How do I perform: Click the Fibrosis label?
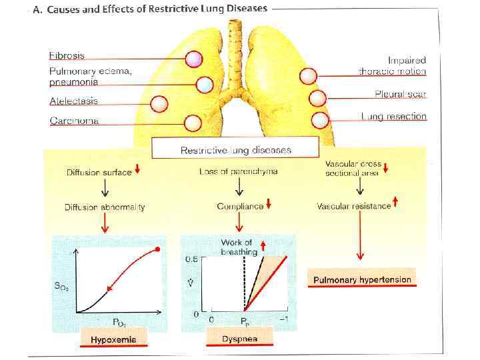point(66,55)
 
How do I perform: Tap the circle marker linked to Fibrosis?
point(193,60)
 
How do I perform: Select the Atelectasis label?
point(73,101)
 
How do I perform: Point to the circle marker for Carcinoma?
point(193,123)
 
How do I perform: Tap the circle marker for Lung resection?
point(320,120)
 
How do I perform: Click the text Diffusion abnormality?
point(105,207)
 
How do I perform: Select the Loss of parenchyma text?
point(238,171)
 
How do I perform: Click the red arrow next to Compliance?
point(268,204)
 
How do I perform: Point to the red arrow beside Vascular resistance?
point(396,202)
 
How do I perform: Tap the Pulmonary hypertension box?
point(362,279)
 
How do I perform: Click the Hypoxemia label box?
point(113,340)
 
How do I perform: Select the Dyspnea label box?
point(239,339)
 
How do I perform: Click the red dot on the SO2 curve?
point(157,250)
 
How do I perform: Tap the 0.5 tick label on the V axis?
point(191,259)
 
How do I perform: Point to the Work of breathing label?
point(238,247)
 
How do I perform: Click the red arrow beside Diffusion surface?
point(137,169)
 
